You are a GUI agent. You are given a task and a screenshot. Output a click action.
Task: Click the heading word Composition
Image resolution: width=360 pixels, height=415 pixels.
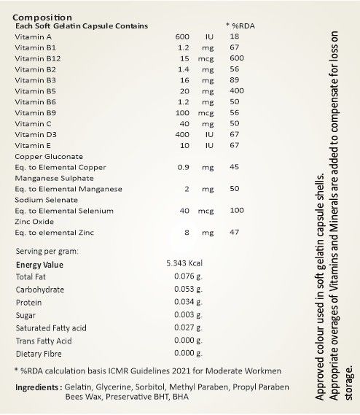coord(42,16)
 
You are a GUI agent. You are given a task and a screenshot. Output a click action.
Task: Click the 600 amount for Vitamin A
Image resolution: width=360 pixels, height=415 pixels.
coord(182,36)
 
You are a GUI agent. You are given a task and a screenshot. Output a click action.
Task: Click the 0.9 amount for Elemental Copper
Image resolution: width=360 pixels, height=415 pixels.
coord(184,166)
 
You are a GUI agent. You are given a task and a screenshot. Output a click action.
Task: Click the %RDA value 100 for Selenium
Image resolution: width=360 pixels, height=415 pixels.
coord(236,211)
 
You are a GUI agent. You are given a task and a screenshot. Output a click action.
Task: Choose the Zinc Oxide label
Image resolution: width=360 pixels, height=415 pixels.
coord(35,222)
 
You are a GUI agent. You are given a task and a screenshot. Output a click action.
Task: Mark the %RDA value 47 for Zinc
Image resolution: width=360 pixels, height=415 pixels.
coord(234,233)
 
